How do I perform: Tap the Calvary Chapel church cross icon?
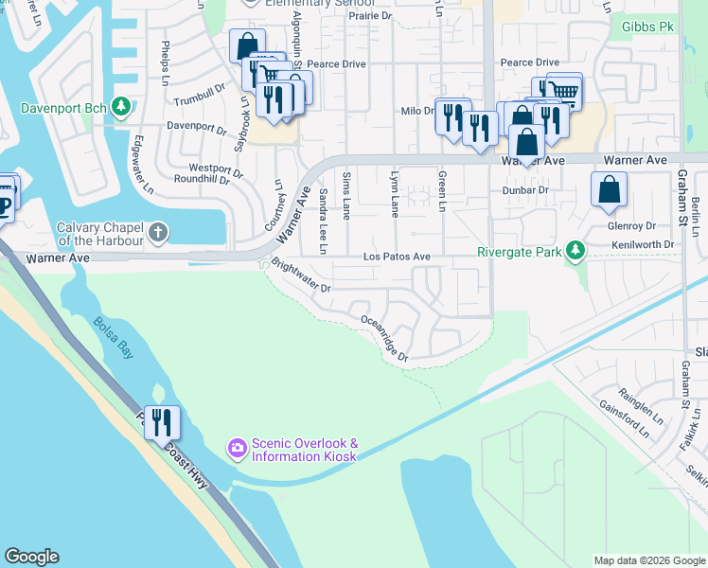pyautogui.click(x=159, y=231)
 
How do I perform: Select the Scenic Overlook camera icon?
pyautogui.click(x=236, y=446)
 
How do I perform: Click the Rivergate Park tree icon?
pyautogui.click(x=573, y=251)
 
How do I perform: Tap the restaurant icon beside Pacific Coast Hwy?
pyautogui.click(x=162, y=421)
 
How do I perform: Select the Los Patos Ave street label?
pyautogui.click(x=398, y=257)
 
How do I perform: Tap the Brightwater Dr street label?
pyautogui.click(x=301, y=275)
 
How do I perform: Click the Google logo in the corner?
pyautogui.click(x=31, y=557)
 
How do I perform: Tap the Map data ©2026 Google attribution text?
pyautogui.click(x=648, y=560)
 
